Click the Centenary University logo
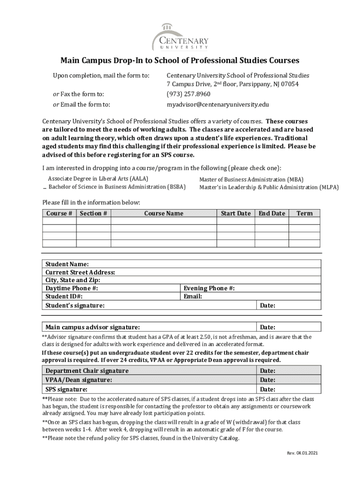[x=180, y=37]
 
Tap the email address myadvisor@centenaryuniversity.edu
[x=217, y=105]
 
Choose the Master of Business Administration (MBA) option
[x=251, y=180]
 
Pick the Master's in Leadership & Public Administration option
[x=269, y=188]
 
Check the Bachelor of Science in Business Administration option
[x=117, y=187]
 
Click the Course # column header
[x=59, y=214]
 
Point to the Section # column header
[x=94, y=214]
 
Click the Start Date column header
[x=236, y=214]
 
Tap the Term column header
[x=304, y=214]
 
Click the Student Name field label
[x=67, y=265]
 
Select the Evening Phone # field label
[x=209, y=289]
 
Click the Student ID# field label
[x=64, y=297]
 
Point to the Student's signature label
[x=75, y=305]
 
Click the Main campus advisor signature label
[x=92, y=327]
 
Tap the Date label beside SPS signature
[x=267, y=389]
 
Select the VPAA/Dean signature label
[x=79, y=380]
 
